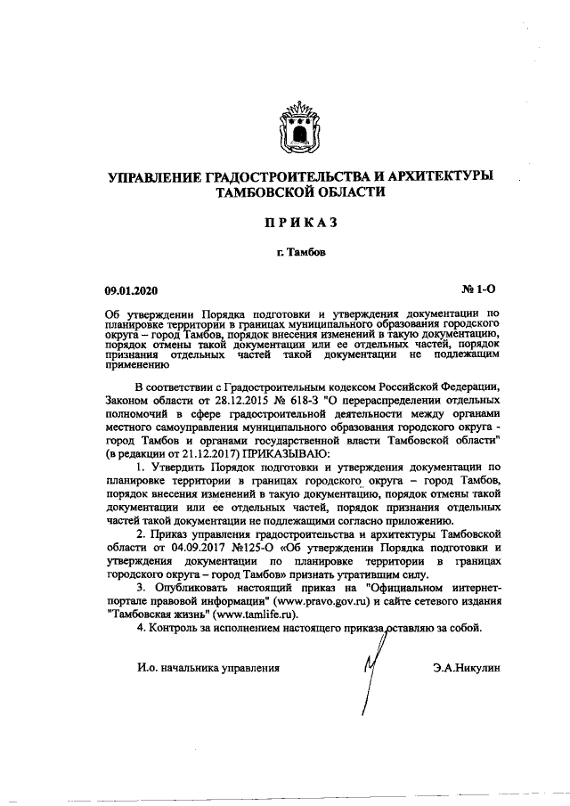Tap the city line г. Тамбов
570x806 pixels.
click(300, 253)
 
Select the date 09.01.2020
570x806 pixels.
click(134, 290)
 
